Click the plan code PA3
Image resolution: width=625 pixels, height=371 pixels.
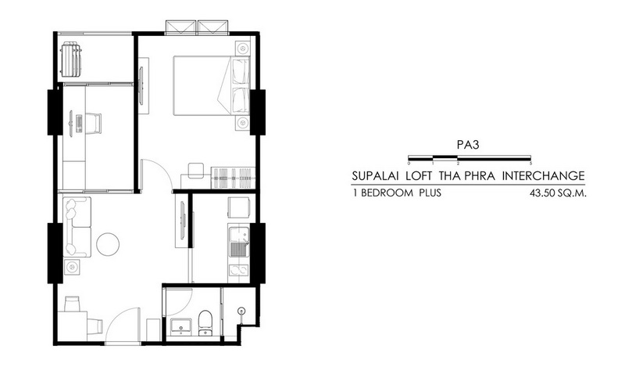pos(467,145)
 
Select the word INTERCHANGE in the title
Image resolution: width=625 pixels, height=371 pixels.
pos(543,175)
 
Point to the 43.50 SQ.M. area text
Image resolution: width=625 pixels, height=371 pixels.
pos(558,193)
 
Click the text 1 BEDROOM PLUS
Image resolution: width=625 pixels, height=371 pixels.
pos(397,193)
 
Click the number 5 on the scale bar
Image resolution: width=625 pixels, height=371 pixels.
pos(531,164)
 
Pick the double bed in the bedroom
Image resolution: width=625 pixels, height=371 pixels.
pos(212,86)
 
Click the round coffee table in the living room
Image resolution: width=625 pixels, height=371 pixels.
pos(108,244)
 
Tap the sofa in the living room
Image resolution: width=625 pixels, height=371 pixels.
pos(77,227)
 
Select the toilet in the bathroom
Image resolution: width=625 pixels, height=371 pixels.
pos(205,322)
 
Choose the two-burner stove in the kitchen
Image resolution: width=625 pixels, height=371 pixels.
pos(238,271)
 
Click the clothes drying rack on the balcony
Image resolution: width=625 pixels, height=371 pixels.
pos(71,59)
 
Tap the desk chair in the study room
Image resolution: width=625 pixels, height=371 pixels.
pos(93,123)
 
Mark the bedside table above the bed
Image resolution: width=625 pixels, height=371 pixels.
pos(242,49)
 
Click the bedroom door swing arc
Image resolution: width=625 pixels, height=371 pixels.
pos(162,168)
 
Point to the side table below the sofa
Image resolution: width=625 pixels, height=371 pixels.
pos(71,266)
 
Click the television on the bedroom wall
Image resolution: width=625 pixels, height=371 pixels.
pos(141,86)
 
